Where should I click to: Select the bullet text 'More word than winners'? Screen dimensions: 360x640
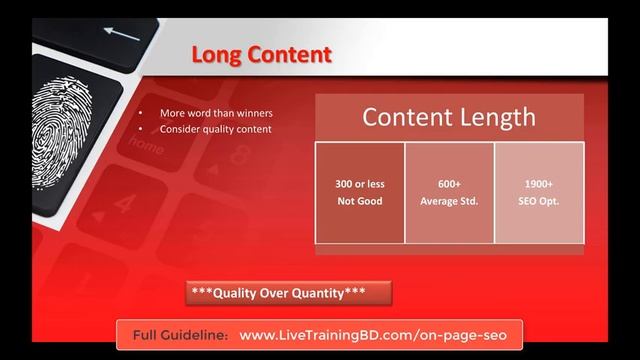(216, 113)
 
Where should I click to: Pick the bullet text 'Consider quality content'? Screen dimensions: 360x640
(215, 129)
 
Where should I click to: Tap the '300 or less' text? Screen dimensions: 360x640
(360, 184)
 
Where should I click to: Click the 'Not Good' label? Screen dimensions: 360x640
(360, 201)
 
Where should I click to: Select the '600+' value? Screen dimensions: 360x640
(449, 184)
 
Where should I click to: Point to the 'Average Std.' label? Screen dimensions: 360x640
(449, 201)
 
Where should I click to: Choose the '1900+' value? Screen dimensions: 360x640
(539, 184)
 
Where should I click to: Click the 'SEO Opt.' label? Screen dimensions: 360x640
(539, 201)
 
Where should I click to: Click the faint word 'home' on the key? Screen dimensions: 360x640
(146, 147)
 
